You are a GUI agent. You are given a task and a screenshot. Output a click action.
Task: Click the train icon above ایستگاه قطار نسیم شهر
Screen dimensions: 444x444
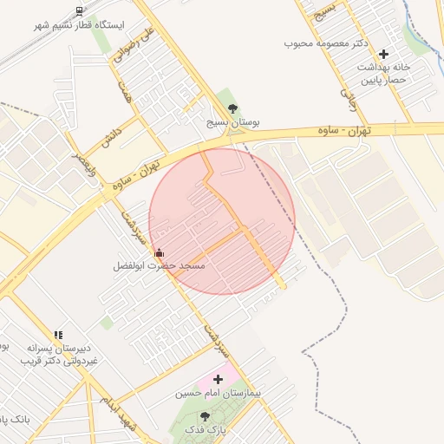(x=80, y=11)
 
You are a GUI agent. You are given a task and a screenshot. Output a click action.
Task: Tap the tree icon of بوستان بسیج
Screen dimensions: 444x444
(x=232, y=108)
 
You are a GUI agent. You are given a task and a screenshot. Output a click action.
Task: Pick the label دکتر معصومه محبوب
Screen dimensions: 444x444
(x=326, y=42)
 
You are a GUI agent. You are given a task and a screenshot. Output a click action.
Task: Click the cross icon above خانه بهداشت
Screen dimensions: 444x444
(x=383, y=54)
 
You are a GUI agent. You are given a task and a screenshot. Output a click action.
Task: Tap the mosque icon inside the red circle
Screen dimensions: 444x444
(x=158, y=253)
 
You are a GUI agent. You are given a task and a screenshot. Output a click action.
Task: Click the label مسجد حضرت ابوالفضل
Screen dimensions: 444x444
(x=159, y=266)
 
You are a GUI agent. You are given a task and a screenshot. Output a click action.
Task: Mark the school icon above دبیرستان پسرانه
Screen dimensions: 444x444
(x=58, y=334)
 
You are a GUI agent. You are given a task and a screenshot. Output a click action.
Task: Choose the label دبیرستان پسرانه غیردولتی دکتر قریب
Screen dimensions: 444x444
(x=60, y=353)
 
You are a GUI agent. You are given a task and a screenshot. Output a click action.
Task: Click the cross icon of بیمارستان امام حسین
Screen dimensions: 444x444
(x=218, y=379)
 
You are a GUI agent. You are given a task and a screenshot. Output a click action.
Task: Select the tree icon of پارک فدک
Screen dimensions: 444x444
(x=205, y=417)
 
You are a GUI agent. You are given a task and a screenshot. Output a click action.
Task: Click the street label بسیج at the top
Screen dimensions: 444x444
(x=325, y=10)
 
